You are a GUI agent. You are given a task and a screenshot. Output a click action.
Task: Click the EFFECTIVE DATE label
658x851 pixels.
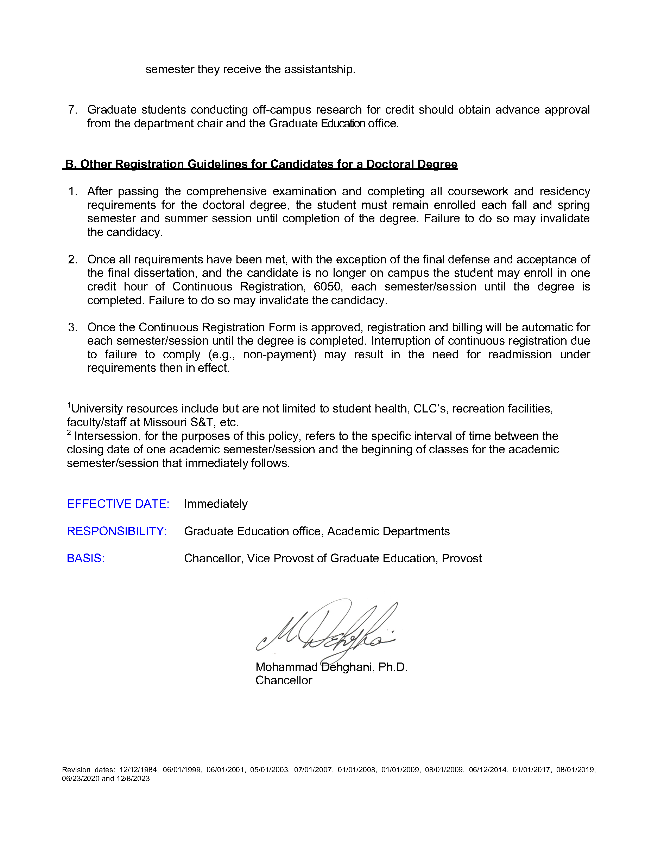118,504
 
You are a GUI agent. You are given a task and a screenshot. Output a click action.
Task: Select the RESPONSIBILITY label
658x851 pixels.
117,531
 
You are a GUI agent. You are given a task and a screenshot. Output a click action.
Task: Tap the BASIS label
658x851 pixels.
86,558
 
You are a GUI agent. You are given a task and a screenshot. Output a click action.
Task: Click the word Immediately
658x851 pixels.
216,504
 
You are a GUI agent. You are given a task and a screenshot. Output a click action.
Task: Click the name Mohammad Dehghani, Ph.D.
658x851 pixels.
331,667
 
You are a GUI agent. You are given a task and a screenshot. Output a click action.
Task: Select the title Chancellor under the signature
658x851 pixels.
284,680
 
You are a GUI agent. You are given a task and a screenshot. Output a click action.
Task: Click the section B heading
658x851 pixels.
260,164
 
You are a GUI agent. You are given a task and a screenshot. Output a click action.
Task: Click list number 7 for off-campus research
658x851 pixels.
72,110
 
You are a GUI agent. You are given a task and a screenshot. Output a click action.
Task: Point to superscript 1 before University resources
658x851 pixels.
69,405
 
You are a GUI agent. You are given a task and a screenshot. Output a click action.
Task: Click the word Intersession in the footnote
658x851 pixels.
107,436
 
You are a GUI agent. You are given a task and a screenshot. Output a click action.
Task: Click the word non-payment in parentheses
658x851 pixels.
279,354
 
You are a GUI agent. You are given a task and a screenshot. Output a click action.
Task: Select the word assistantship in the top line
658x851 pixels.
319,69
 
